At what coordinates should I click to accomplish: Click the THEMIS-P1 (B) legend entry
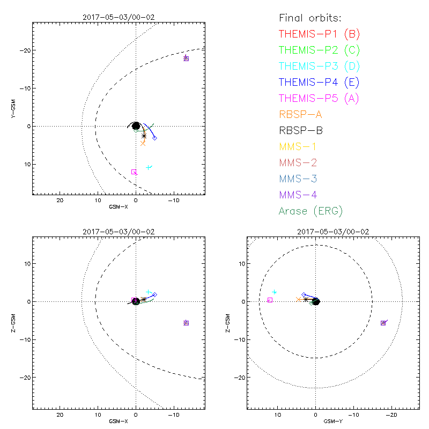(x=319, y=34)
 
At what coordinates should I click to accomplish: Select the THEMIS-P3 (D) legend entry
(x=319, y=66)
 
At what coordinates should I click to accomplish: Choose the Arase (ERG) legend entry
(x=311, y=211)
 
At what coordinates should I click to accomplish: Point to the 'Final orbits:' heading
(x=310, y=18)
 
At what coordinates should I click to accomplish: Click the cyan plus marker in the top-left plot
(x=149, y=168)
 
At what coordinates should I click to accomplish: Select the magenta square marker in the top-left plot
(x=134, y=172)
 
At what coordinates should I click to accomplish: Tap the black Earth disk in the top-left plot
(x=136, y=126)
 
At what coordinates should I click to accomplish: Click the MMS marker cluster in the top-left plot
(x=186, y=58)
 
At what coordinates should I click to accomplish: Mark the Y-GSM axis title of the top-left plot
(x=13, y=109)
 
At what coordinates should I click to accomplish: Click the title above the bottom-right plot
(x=333, y=232)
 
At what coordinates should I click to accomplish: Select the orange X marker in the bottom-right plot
(x=299, y=299)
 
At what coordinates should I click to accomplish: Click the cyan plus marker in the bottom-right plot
(x=275, y=292)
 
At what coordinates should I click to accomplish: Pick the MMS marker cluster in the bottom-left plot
(x=186, y=323)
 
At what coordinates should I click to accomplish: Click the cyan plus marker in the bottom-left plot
(x=149, y=292)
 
